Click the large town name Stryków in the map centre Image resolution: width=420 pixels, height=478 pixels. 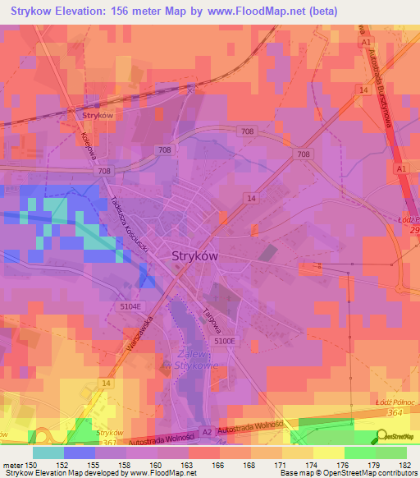195,255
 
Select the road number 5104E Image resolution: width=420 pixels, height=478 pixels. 128,306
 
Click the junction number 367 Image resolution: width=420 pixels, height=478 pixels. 107,442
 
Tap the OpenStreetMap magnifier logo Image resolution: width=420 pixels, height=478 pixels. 383,437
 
